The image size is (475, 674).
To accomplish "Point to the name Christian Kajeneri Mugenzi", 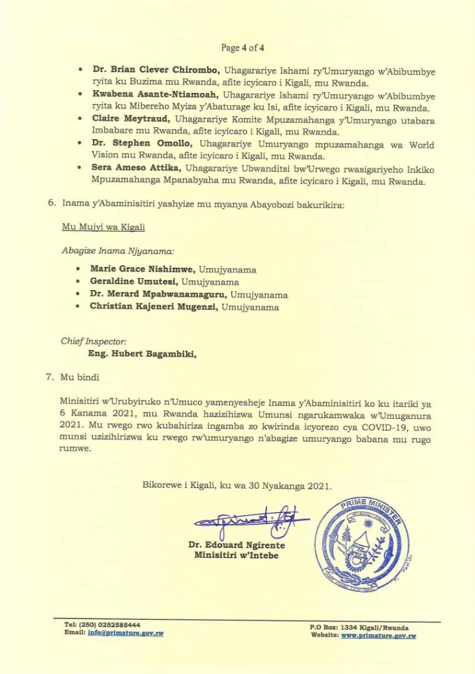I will [x=152, y=307].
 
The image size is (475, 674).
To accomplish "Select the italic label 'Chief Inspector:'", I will [x=94, y=341].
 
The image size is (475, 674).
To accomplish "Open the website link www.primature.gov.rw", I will [x=378, y=635].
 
